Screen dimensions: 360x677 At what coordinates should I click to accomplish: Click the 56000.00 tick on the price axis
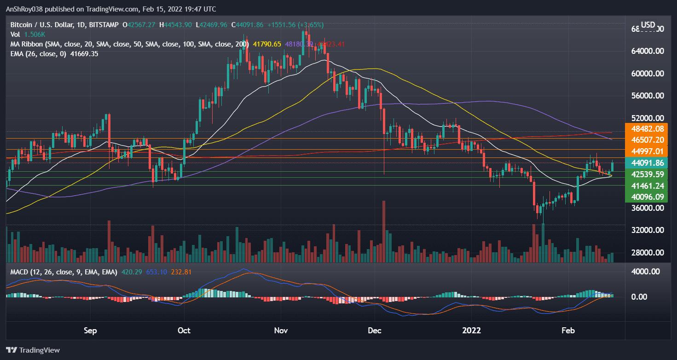coord(646,96)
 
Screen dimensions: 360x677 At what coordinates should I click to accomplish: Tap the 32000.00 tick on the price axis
coord(646,230)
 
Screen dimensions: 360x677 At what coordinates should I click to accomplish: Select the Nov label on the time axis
coord(281,330)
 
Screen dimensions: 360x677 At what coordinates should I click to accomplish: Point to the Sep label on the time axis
coord(90,330)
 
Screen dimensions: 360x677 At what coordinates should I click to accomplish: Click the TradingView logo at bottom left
coord(33,350)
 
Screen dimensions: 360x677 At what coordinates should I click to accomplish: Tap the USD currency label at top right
coord(648,24)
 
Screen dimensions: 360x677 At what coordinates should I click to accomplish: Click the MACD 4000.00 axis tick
coord(646,272)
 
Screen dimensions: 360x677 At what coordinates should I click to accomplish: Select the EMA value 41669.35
coord(83,54)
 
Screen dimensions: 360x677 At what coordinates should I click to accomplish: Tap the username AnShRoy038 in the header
coord(26,9)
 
